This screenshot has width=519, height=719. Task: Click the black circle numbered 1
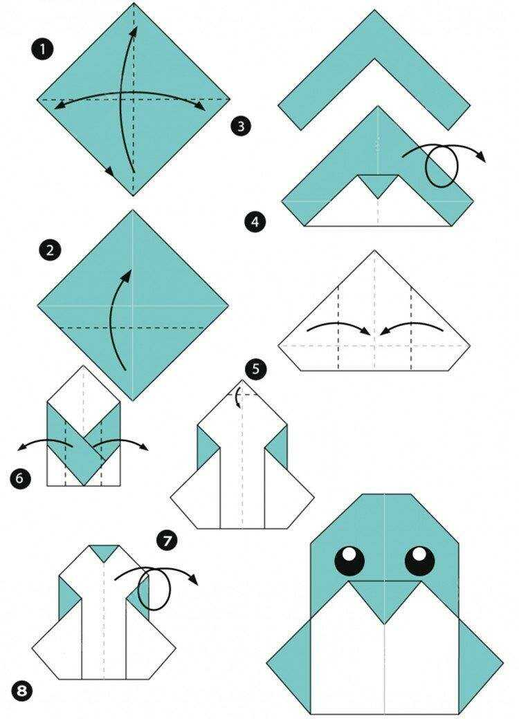pyautogui.click(x=43, y=49)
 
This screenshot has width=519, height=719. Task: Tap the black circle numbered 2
pyautogui.click(x=50, y=250)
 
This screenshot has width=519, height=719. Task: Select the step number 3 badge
pyautogui.click(x=242, y=126)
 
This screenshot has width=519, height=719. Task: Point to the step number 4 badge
pyautogui.click(x=255, y=223)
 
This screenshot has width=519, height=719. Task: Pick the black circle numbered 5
pyautogui.click(x=255, y=368)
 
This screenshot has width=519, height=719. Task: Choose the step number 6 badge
pyautogui.click(x=20, y=478)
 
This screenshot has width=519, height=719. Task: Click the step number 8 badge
pyautogui.click(x=21, y=691)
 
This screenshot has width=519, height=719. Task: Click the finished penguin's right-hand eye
pyautogui.click(x=420, y=560)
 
